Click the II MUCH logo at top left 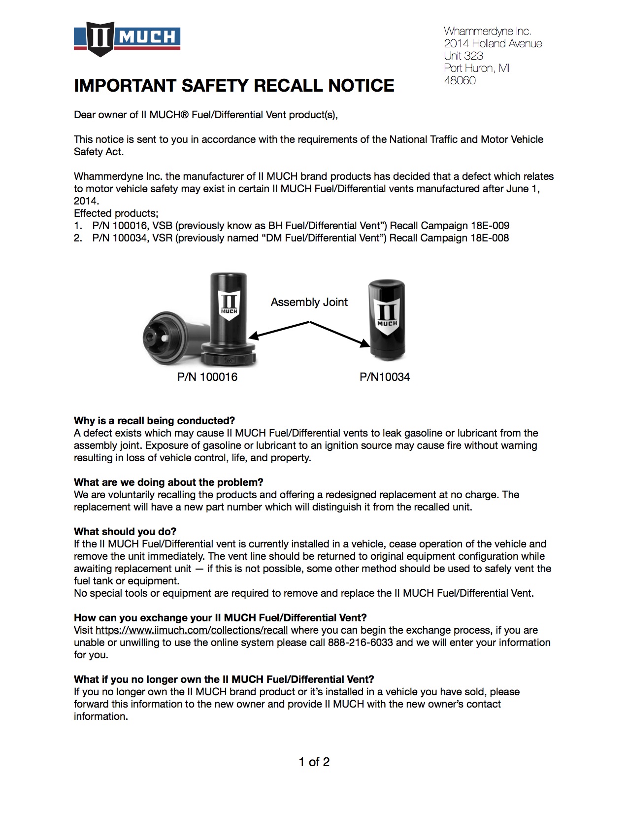click(127, 38)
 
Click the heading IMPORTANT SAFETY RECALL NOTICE click(234, 86)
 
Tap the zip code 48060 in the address click(460, 81)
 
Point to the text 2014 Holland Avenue click(493, 44)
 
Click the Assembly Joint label click(309, 302)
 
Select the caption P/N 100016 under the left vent click(207, 377)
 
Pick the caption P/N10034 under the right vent click(385, 377)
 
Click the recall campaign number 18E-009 click(490, 226)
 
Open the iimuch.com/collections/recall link click(192, 630)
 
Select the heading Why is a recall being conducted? click(154, 421)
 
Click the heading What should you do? click(125, 532)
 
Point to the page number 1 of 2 click(314, 762)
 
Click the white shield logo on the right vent click(387, 316)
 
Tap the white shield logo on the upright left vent click(229, 305)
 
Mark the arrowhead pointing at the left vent click(253, 337)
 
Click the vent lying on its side click(170, 338)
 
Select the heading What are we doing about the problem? click(168, 482)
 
